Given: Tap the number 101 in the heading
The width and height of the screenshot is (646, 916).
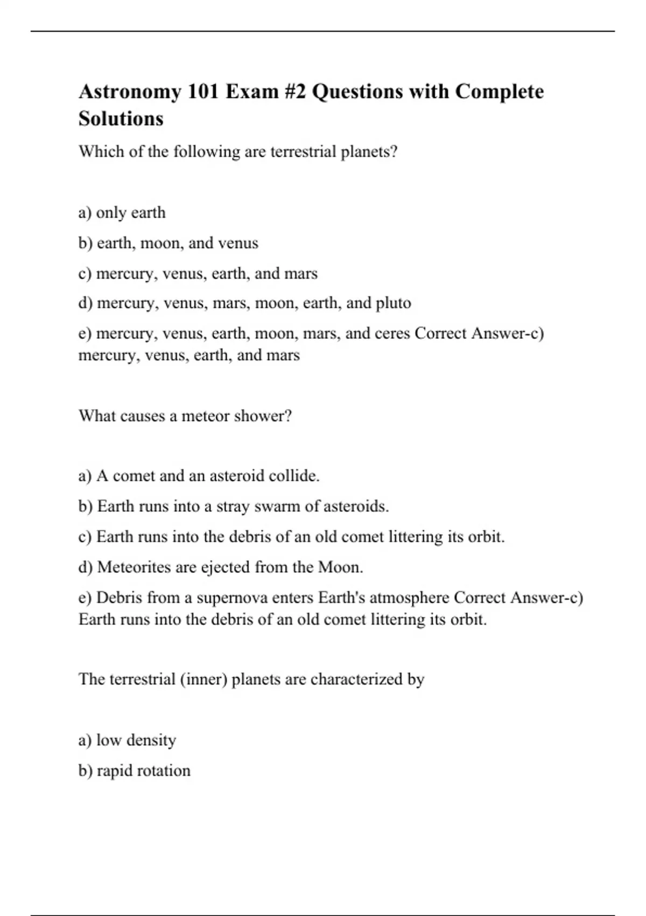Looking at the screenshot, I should pos(203,92).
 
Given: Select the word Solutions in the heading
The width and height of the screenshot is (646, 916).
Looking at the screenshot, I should pos(121,119).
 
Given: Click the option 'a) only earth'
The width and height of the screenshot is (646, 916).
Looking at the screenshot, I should pos(122,213).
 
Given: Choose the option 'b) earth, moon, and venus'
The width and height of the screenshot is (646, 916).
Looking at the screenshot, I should pos(168,243).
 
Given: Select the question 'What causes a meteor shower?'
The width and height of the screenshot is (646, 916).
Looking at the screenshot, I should pos(185,416).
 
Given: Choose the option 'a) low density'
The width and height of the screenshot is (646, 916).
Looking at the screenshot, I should pos(127,740).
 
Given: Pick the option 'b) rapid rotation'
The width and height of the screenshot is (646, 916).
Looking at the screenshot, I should pos(134,771).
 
